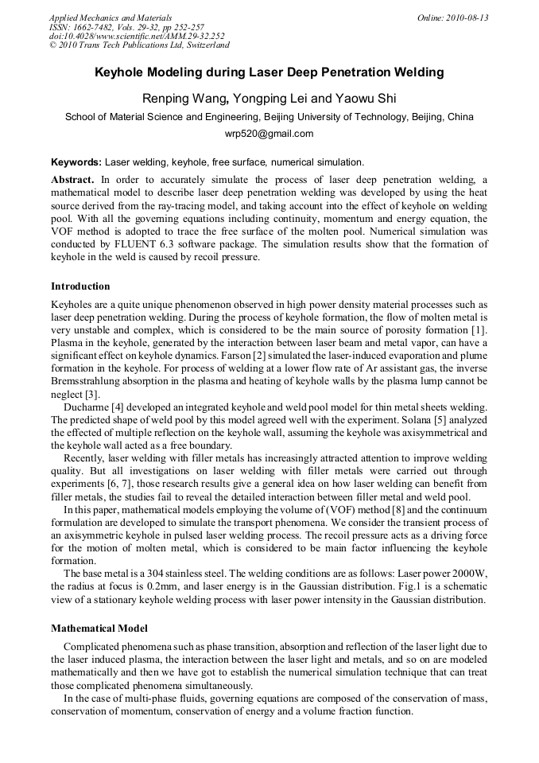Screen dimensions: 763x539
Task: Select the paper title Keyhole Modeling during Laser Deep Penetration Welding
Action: (x=269, y=73)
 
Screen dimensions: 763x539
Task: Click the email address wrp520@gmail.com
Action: (x=269, y=134)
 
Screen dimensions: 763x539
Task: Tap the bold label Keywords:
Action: (x=76, y=161)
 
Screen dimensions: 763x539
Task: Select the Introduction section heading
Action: (x=80, y=286)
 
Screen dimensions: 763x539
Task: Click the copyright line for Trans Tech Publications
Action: (x=139, y=45)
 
